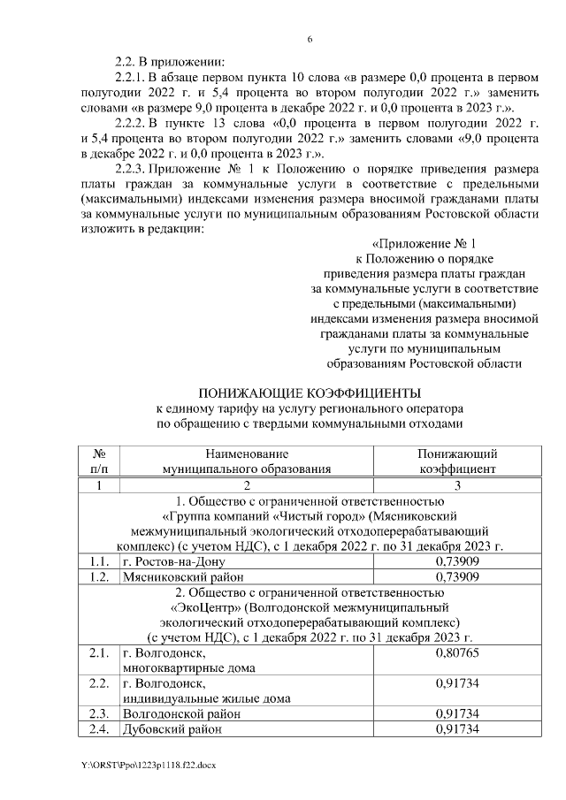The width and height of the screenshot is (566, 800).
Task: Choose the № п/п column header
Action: [x=99, y=461]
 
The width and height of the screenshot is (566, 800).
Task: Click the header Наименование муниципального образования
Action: [x=247, y=461]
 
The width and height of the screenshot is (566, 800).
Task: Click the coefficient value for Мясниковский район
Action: [x=457, y=577]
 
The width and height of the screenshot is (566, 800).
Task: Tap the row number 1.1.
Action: [x=99, y=561]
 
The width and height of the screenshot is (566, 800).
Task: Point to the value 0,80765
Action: [x=457, y=655]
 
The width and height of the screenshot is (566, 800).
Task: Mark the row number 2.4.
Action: [x=99, y=729]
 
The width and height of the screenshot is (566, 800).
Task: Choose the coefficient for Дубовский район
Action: [x=457, y=729]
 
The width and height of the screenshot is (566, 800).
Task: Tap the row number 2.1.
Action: [x=99, y=655]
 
